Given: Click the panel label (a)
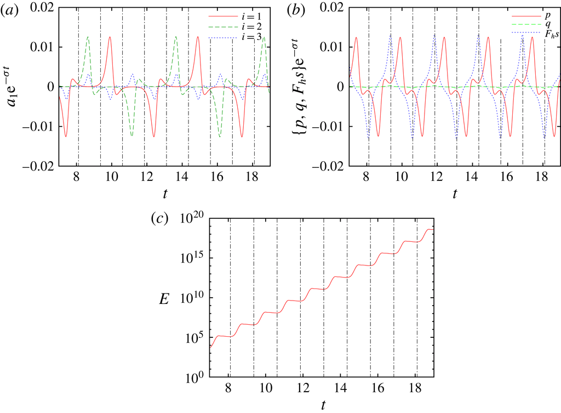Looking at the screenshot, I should [x=10, y=8].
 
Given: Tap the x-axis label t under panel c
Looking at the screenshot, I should [x=323, y=405].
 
